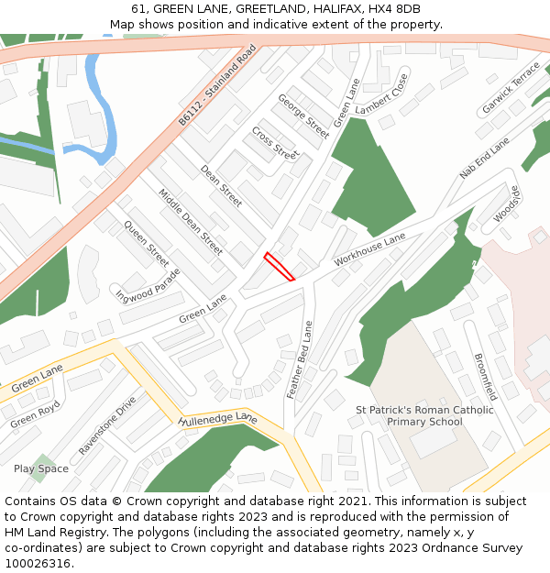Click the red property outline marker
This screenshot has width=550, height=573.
pyautogui.click(x=280, y=267)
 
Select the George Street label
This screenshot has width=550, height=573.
pyautogui.click(x=303, y=116)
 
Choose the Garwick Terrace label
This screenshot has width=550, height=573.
pyautogui.click(x=511, y=89)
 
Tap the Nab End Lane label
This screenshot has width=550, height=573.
pyautogui.click(x=484, y=159)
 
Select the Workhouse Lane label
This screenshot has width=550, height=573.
pyautogui.click(x=369, y=249)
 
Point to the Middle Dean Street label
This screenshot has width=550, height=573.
pyautogui.click(x=191, y=222)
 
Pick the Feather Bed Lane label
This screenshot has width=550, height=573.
pyautogui.click(x=300, y=359)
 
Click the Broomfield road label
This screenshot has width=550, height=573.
pyautogui.click(x=485, y=377)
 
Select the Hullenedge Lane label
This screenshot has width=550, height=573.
pyautogui.click(x=218, y=420)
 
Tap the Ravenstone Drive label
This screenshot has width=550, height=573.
pyautogui.click(x=107, y=425)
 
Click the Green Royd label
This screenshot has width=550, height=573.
pyautogui.click(x=36, y=414)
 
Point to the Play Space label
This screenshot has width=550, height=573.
pyautogui.click(x=41, y=468)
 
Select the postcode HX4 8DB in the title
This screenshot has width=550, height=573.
pyautogui.click(x=395, y=8)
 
